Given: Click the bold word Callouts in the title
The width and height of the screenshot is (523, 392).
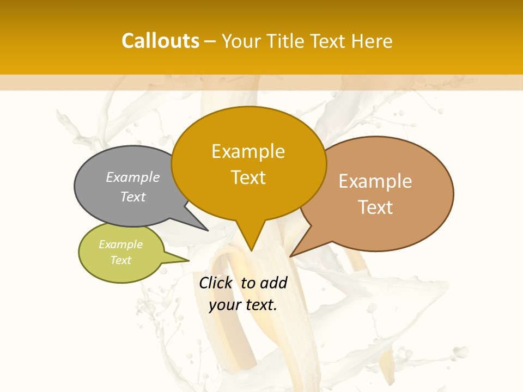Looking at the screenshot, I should click(x=160, y=41).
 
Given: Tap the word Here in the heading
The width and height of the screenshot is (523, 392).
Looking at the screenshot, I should click(x=372, y=41).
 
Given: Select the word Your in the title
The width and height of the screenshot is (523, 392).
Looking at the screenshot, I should click(x=241, y=41).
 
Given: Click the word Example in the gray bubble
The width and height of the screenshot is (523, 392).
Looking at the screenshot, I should click(x=133, y=177).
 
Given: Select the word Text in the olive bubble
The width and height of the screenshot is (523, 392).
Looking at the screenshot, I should click(x=121, y=260).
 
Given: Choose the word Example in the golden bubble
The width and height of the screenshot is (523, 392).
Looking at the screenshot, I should click(x=248, y=152).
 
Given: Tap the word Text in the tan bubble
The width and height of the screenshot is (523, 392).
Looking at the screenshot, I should click(x=376, y=207).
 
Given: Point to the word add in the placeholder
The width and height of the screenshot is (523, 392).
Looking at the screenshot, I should click(x=273, y=283).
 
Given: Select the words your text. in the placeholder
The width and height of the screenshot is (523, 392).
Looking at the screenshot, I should click(x=243, y=305).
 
